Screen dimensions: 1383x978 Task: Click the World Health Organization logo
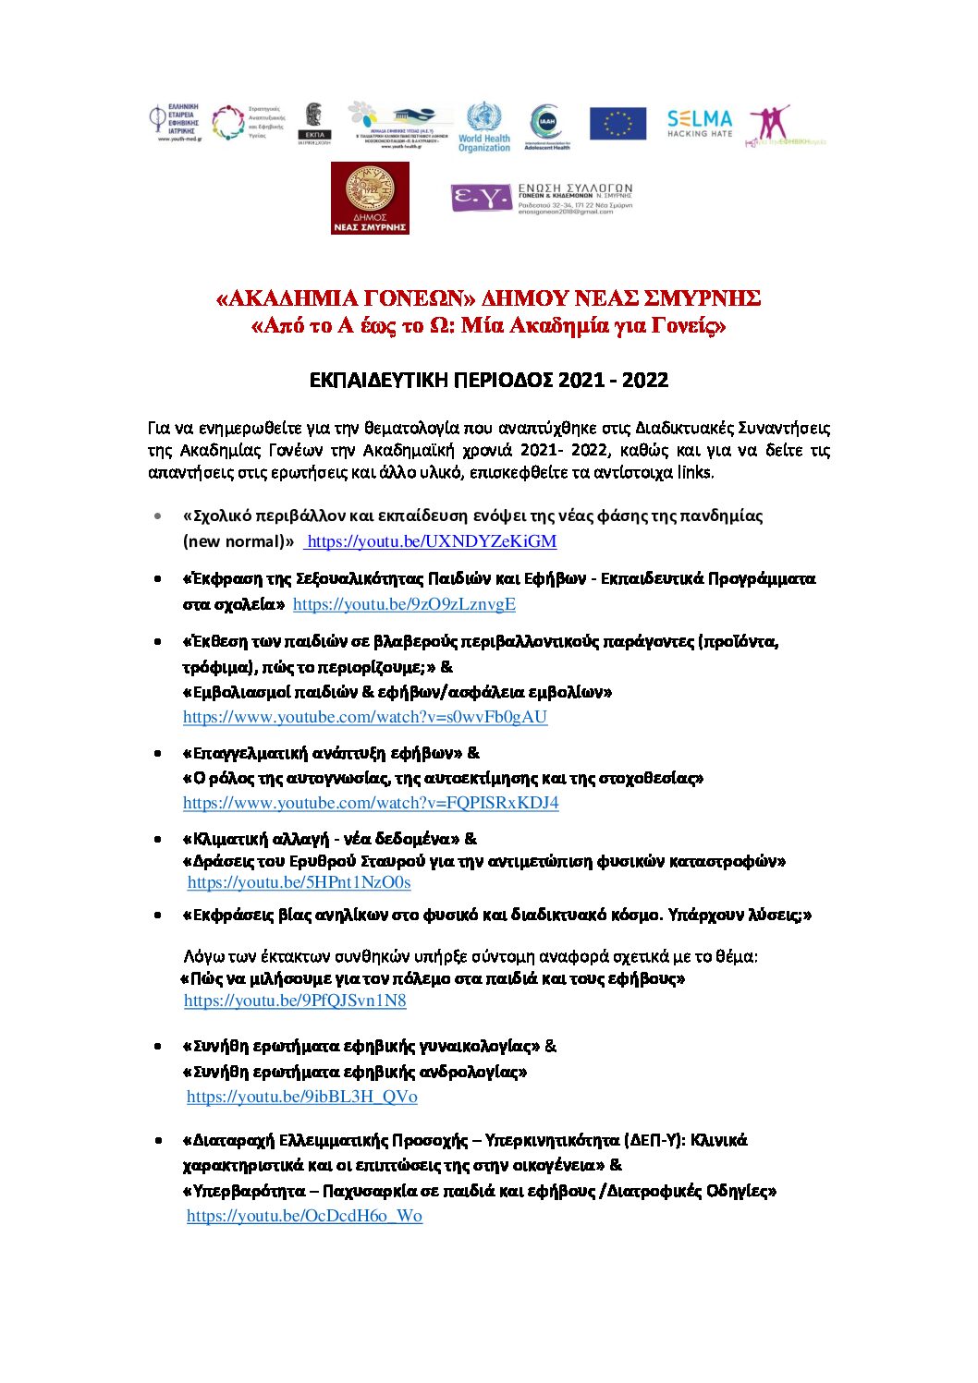(x=483, y=127)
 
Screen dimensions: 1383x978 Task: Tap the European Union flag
(x=617, y=124)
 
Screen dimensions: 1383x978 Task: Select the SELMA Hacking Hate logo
(x=700, y=123)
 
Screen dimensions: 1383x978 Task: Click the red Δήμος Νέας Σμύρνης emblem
(x=370, y=198)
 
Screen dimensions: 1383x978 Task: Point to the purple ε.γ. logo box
(x=480, y=198)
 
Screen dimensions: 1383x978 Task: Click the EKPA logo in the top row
(x=314, y=124)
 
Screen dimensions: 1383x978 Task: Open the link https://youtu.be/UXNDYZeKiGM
(x=432, y=541)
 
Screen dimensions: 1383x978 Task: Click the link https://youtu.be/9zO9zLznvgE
(x=404, y=604)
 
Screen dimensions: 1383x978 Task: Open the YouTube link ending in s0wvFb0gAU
(x=365, y=717)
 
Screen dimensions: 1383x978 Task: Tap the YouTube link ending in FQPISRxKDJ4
(x=371, y=803)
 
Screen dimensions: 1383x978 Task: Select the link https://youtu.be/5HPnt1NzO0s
(x=299, y=882)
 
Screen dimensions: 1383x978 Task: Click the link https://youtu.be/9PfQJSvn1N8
(x=295, y=1001)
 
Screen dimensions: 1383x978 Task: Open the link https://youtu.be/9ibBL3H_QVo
(x=301, y=1097)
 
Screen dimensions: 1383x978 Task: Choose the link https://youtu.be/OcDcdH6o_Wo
(x=304, y=1216)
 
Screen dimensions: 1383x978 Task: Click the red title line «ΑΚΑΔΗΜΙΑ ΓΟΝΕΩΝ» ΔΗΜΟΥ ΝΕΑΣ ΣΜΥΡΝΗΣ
(x=488, y=298)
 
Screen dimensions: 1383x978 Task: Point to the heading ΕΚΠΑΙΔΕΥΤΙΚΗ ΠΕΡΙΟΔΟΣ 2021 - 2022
(x=488, y=380)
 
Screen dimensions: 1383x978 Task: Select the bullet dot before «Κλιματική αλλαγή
(x=159, y=839)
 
